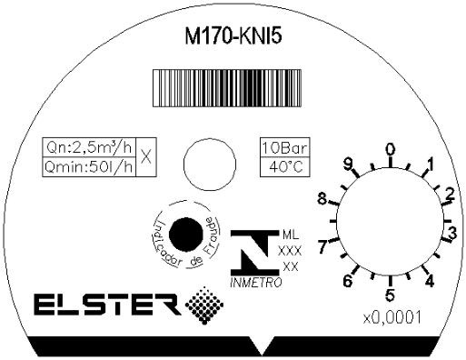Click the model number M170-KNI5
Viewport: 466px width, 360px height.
pos(233,36)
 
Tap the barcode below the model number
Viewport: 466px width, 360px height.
pos(227,88)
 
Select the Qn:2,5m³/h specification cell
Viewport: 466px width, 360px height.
pos(89,147)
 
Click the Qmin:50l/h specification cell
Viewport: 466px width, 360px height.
pos(89,167)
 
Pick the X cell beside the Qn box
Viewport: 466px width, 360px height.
pos(146,157)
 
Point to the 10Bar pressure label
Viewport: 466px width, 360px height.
pos(285,147)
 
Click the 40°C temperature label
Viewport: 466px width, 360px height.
pos(285,167)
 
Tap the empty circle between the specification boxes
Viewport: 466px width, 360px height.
pos(210,164)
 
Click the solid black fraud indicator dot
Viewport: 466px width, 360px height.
pos(186,235)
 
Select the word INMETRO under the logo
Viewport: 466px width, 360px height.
pos(256,283)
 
